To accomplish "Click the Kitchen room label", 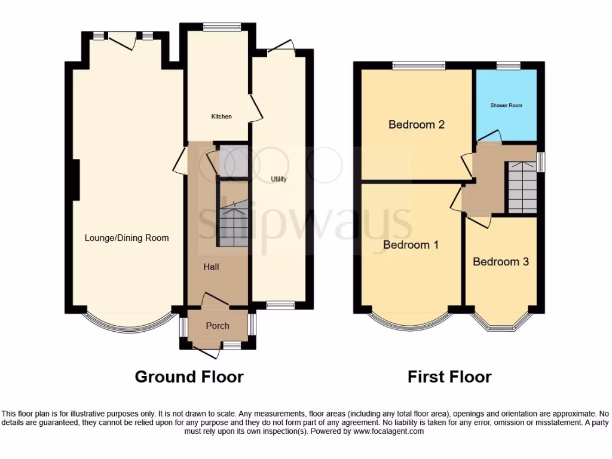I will point(221,117).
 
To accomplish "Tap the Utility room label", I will point(279,179).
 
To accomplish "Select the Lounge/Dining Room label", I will point(127,238).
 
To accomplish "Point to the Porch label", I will point(218,326).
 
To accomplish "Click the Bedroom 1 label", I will point(411,244).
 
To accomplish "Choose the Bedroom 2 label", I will point(416,125).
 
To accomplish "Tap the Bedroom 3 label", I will point(500,262).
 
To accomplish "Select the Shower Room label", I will point(506,106).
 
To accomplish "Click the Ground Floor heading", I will point(189,377).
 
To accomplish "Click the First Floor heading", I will point(449,377).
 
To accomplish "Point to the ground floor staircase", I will point(232,224).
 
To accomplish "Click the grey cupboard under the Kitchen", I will point(232,162).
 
